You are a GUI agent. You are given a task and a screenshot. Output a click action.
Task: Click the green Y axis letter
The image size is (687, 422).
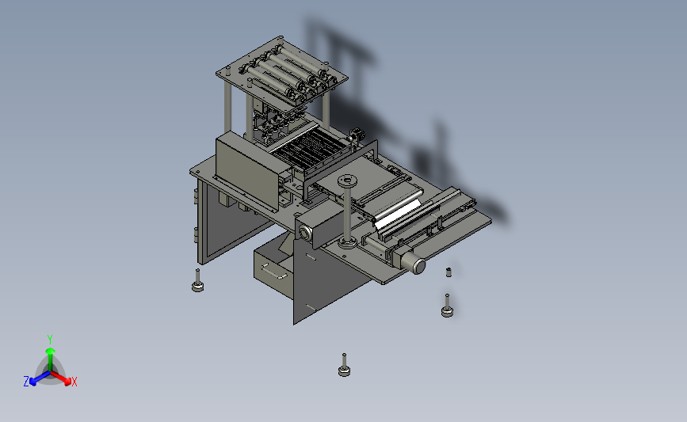coord(49,340)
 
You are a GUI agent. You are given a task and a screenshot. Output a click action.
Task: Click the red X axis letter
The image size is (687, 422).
coord(74,382)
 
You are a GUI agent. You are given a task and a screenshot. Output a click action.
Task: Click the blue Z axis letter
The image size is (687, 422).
coord(26,382)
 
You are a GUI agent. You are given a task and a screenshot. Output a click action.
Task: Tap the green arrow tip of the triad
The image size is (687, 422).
coord(50,351)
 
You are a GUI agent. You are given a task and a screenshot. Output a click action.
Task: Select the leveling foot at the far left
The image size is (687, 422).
coord(197,281)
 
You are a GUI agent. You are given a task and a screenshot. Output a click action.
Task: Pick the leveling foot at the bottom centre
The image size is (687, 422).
coord(345,366)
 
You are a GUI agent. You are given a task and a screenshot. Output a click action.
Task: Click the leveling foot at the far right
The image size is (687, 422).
coord(448,306)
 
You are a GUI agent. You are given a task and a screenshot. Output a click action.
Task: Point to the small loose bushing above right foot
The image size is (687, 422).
coord(448,272)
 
